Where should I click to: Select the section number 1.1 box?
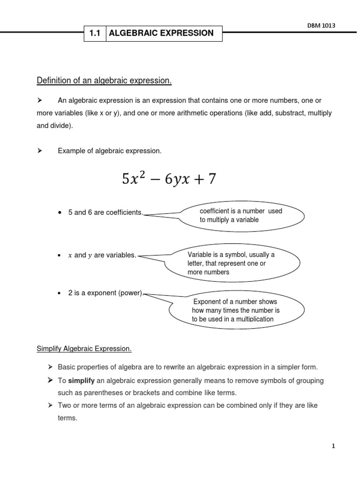coord(95,33)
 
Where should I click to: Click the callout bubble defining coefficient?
coord(241,216)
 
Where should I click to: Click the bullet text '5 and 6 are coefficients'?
coord(105,212)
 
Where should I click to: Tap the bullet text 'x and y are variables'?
coord(102,255)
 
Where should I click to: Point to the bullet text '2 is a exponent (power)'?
coord(105,293)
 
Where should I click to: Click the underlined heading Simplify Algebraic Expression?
coord(84,349)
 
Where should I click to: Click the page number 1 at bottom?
coord(333,447)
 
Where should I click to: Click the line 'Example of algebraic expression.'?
coord(110,150)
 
